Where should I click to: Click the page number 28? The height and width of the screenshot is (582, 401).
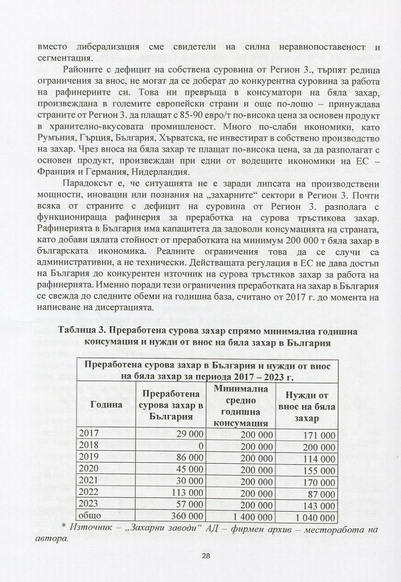pyautogui.click(x=206, y=556)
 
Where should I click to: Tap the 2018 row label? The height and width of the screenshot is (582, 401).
pyautogui.click(x=89, y=445)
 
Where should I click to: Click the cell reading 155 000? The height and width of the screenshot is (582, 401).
pyautogui.click(x=319, y=470)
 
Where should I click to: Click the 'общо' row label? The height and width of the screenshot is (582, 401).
pyautogui.click(x=90, y=516)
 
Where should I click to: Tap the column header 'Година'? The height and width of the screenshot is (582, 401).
pyautogui.click(x=107, y=405)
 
